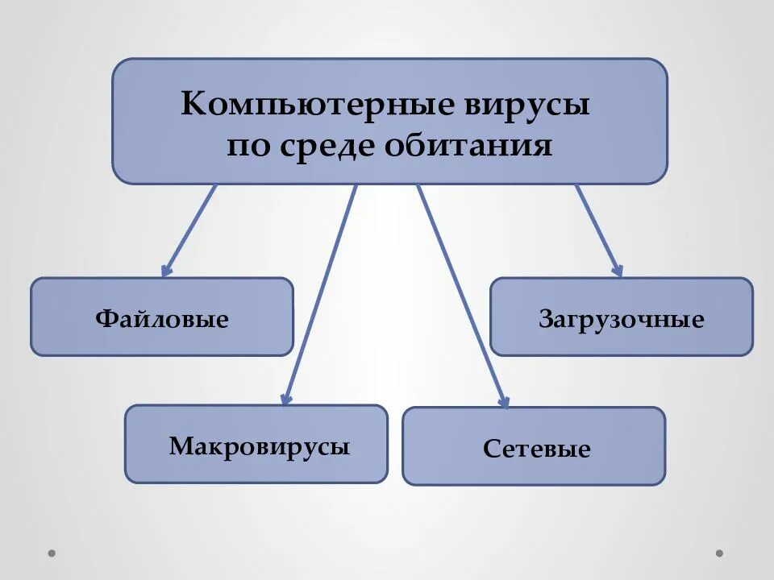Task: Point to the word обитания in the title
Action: pyautogui.click(x=469, y=147)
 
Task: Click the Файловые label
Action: pyautogui.click(x=162, y=319)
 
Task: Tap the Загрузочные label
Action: pyautogui.click(x=622, y=319)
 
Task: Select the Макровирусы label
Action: pyautogui.click(x=260, y=445)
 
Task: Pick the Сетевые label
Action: pyautogui.click(x=537, y=449)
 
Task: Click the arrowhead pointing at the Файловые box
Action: pyautogui.click(x=166, y=271)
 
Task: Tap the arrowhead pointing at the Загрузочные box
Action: pyautogui.click(x=617, y=271)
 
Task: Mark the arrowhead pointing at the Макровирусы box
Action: pyautogui.click(x=285, y=398)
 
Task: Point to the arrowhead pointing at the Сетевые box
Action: pyautogui.click(x=505, y=401)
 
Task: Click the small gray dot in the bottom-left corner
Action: pyautogui.click(x=52, y=553)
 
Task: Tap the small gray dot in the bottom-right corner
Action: pyautogui.click(x=720, y=553)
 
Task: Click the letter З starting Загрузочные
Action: pyautogui.click(x=546, y=319)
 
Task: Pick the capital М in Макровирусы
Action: pyautogui.click(x=179, y=445)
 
